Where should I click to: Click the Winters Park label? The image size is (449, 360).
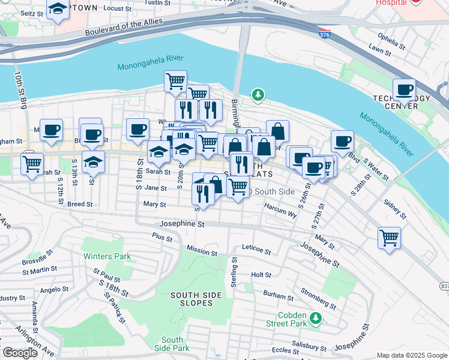(x=98, y=256)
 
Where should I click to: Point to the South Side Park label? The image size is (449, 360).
(x=172, y=344)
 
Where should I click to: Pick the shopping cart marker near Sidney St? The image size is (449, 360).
(x=389, y=238)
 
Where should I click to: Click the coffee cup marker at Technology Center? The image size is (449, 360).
(x=405, y=90)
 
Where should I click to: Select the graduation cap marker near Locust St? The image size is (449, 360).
(x=58, y=10)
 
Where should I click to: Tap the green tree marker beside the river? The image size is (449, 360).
(x=258, y=94)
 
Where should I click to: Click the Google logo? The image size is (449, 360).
(x=20, y=352)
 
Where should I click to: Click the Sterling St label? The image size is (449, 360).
(x=234, y=271)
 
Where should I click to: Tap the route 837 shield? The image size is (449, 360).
(x=444, y=285)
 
